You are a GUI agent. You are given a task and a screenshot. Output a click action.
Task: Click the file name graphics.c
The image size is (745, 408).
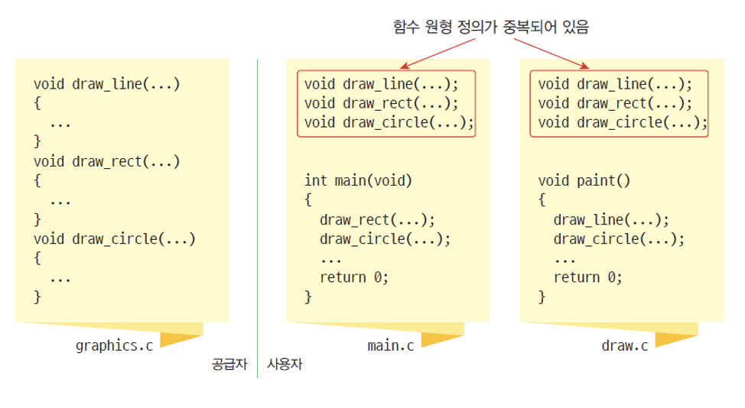(x=114, y=345)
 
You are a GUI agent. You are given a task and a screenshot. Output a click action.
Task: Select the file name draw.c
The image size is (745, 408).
(x=624, y=345)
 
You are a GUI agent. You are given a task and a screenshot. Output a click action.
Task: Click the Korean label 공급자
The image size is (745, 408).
(x=229, y=364)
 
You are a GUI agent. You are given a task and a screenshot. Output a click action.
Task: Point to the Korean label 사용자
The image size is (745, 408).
(x=285, y=364)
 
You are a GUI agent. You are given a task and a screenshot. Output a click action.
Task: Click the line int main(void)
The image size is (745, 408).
(x=358, y=181)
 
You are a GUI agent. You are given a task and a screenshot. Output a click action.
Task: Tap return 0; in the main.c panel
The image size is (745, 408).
(x=354, y=277)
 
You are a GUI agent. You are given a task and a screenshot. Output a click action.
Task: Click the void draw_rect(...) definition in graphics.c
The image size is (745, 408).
(x=106, y=161)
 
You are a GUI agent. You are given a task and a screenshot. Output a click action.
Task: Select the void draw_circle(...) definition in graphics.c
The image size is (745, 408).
(x=115, y=238)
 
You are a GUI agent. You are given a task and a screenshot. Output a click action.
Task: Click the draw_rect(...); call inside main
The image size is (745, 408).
(x=377, y=220)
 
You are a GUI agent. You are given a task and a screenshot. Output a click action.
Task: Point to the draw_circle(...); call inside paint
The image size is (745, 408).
(x=619, y=238)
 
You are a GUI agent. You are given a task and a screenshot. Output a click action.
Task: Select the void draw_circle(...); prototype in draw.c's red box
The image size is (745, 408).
(x=623, y=121)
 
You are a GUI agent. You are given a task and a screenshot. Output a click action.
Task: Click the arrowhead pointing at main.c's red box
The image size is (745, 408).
(x=402, y=66)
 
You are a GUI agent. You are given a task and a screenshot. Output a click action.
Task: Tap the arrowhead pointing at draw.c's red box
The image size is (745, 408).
(x=585, y=66)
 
